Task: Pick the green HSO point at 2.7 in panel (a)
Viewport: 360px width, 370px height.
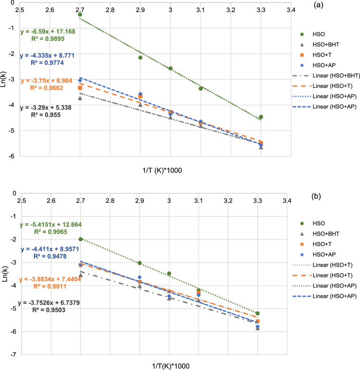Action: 80,15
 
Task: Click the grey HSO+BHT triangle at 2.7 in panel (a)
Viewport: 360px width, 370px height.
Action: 80,98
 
